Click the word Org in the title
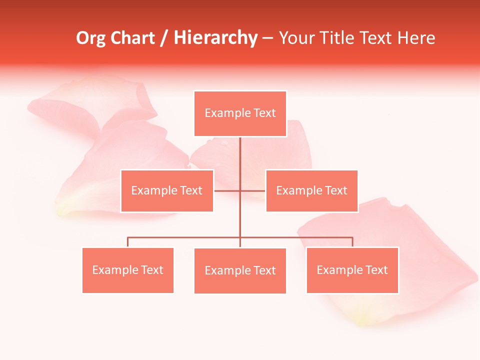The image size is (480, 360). coord(90,38)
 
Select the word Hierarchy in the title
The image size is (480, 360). coord(215,38)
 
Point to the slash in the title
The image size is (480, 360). coord(164,38)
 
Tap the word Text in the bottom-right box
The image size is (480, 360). coord(376,270)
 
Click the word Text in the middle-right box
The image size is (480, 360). coord(335,190)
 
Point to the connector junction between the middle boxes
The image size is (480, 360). coord(240,190)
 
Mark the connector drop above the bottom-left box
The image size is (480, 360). coord(128,242)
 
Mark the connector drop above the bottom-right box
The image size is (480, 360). coord(352,242)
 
